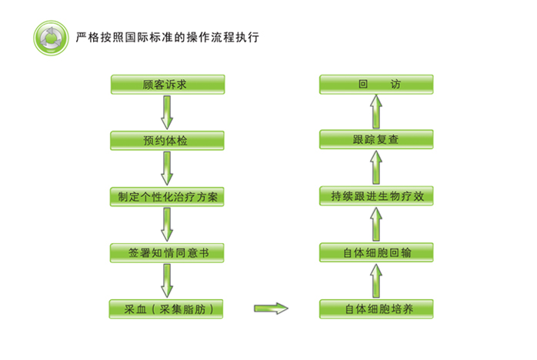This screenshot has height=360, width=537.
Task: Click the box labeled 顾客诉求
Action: pos(167,84)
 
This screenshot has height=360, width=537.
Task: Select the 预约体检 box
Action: pos(167,140)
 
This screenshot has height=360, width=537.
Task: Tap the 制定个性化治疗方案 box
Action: pos(167,196)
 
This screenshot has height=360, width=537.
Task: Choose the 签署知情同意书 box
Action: pos(167,252)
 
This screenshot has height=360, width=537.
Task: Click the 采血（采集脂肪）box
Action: pos(167,309)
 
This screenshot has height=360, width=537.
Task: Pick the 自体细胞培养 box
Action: pos(376,309)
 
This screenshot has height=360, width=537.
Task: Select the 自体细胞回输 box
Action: pos(376,252)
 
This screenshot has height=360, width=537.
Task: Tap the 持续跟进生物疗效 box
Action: pos(376,196)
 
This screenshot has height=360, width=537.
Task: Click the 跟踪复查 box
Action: pos(376,140)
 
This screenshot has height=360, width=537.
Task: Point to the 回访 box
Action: pos(376,84)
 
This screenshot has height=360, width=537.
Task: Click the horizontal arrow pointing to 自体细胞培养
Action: pos(271,309)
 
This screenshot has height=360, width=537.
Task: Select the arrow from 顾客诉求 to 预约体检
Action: pos(167,112)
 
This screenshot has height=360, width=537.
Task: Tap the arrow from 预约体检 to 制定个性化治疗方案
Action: pos(167,168)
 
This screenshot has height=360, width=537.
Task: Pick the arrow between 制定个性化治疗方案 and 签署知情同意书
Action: pos(167,224)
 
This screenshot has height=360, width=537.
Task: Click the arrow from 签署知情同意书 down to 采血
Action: pos(167,281)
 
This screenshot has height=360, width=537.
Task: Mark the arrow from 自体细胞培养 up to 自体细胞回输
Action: pos(376,281)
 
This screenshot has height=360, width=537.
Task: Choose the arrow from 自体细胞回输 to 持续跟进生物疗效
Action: pos(376,224)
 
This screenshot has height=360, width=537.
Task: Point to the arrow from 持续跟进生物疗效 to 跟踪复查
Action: pos(376,168)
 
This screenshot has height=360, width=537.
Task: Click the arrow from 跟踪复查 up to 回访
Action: pos(376,112)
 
